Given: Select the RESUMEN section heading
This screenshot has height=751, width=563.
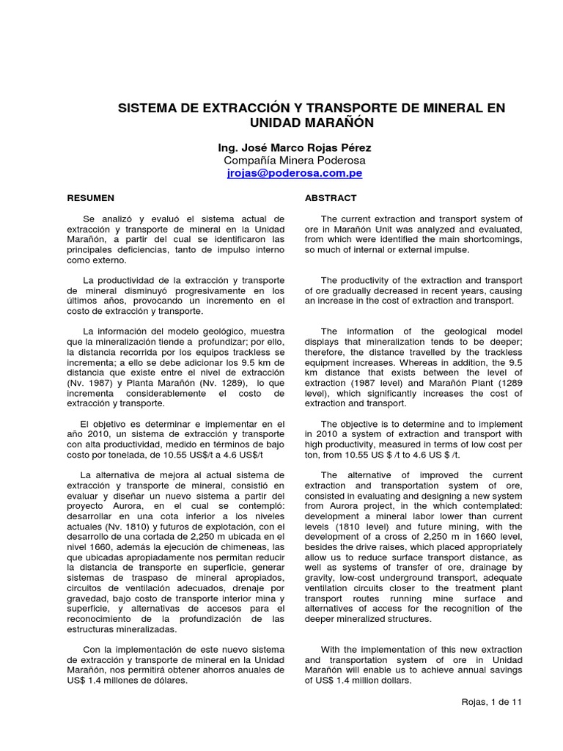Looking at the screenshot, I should point(91,198).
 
